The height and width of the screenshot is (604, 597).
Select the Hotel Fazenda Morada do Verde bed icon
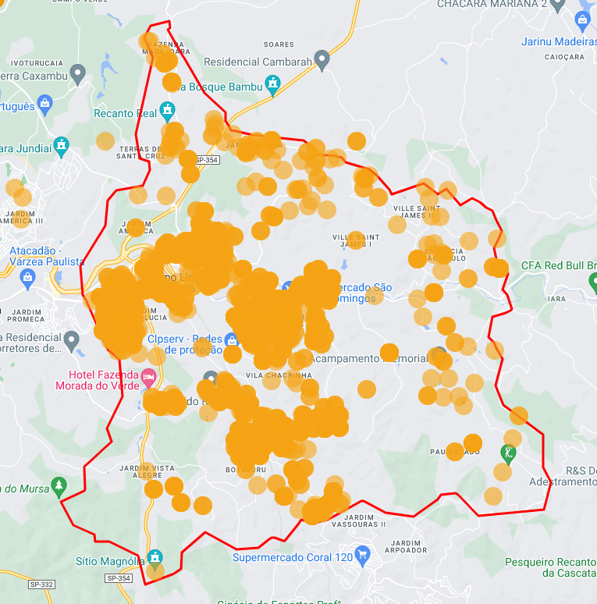147,379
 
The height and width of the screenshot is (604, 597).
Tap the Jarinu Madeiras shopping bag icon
582,20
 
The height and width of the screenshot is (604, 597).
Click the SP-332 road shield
41,584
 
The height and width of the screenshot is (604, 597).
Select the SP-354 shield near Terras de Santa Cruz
208,160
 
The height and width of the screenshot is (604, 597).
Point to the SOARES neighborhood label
279,44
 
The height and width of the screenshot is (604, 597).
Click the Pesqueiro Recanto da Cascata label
550,567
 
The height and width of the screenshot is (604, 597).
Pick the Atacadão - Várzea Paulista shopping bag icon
28,276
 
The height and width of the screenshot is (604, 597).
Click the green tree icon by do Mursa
59,486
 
